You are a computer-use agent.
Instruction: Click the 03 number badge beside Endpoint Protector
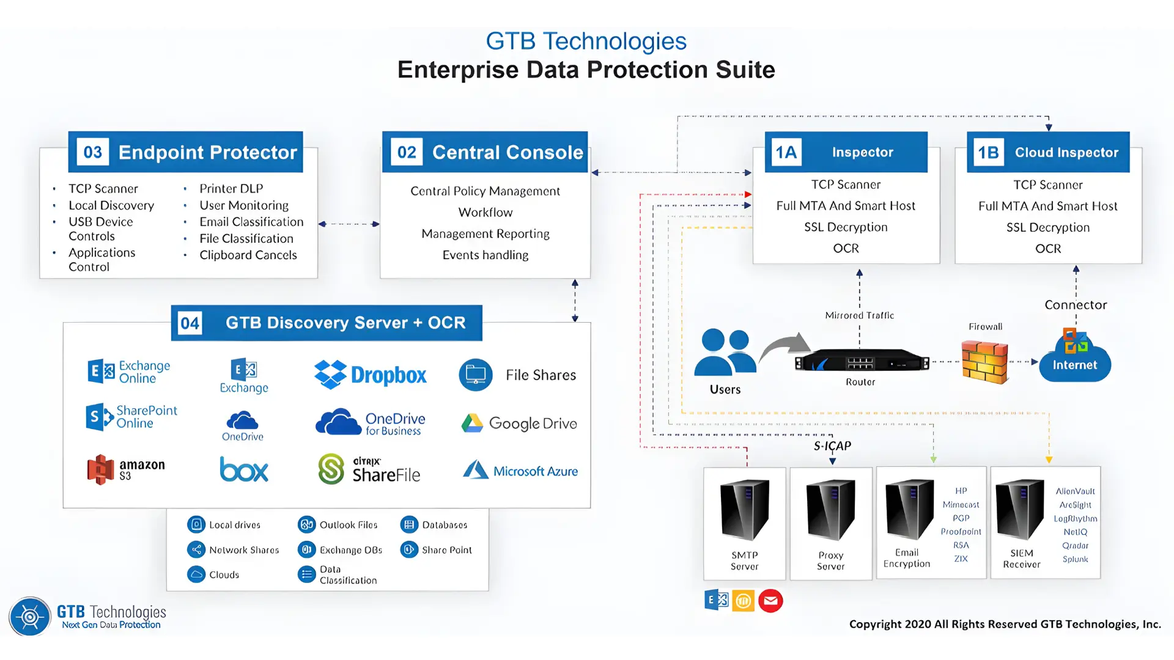[x=93, y=152]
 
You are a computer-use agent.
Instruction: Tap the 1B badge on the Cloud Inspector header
[x=988, y=152]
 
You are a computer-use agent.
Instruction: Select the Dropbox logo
[x=370, y=375]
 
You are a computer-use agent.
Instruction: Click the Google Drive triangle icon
[x=472, y=423]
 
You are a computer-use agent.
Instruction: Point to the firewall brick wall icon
[x=984, y=362]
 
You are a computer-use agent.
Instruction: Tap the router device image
[x=861, y=362]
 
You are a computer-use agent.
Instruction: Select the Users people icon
[x=725, y=351]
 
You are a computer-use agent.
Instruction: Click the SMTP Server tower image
[x=744, y=510]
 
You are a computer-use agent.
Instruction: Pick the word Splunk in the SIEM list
[x=1075, y=559]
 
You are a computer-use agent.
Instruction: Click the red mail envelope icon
[x=770, y=601]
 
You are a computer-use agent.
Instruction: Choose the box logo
[x=244, y=469]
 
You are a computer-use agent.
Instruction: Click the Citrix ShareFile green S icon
[x=331, y=469]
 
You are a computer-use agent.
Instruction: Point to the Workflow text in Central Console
[x=485, y=213]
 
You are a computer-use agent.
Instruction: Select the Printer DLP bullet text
[x=231, y=189]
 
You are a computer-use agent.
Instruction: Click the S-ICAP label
[x=832, y=446]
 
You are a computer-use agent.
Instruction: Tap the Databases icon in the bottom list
[x=409, y=525]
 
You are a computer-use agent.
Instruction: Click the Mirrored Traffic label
[x=859, y=315]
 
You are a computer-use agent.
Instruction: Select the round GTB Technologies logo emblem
[x=29, y=617]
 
